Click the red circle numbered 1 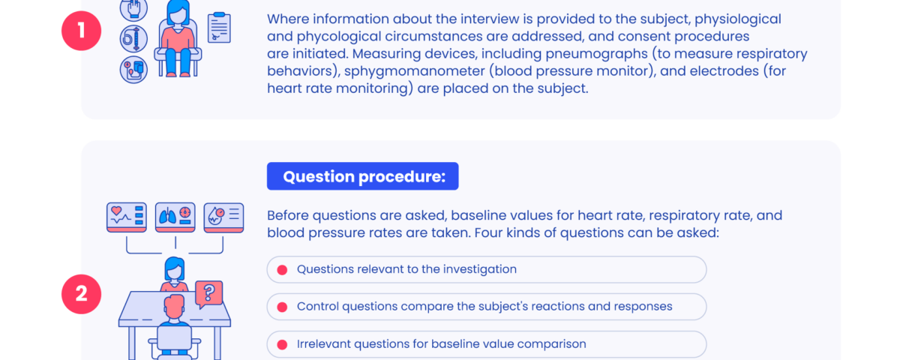[x=81, y=31]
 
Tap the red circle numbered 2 [x=81, y=294]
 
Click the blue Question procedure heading [x=362, y=176]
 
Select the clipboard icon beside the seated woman [x=219, y=27]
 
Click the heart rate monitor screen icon [x=127, y=217]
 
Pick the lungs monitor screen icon [x=175, y=217]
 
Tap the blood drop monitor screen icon [x=223, y=217]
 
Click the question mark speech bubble [x=208, y=294]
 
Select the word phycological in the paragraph [x=339, y=37]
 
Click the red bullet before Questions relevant [x=282, y=269]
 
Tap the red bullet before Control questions [x=282, y=307]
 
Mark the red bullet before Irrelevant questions [x=282, y=344]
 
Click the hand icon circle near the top [x=133, y=9]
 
